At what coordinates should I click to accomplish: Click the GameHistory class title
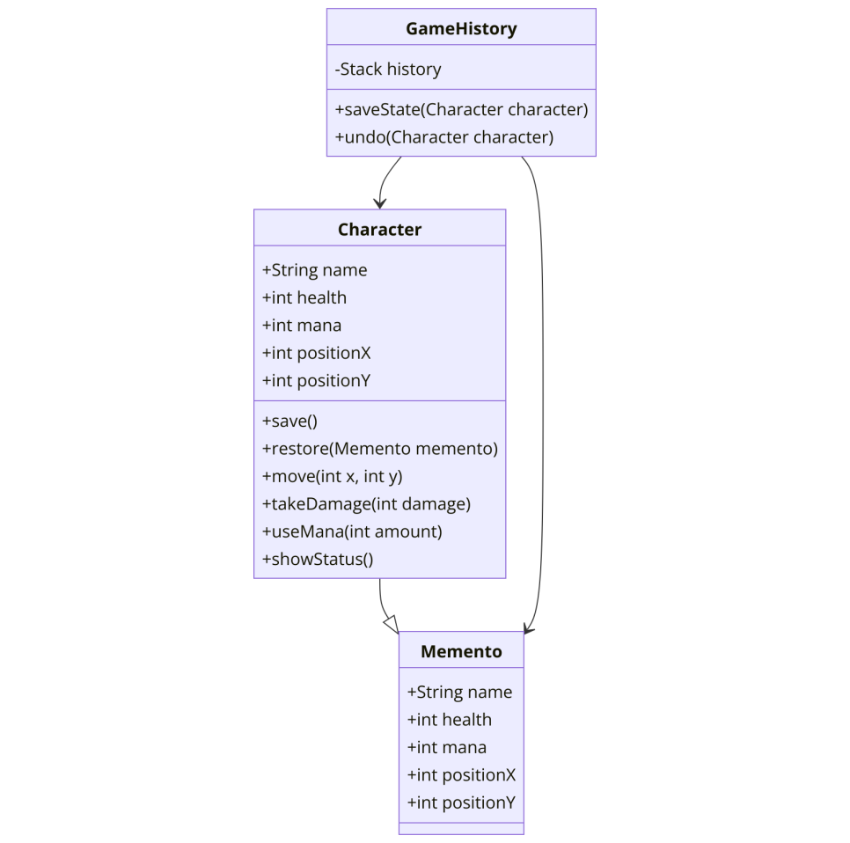coord(461,29)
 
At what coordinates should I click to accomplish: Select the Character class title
coord(379,230)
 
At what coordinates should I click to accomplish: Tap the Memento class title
coord(461,652)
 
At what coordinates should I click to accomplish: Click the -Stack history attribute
coord(388,70)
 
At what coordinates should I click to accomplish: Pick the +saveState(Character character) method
coord(461,109)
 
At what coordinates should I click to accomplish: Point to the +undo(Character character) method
coord(444,137)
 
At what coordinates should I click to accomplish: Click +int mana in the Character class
coord(302,326)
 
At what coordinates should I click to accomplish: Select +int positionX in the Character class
coord(317,353)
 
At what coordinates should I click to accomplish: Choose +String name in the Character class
coord(315,270)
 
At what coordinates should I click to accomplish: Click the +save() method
coord(290,421)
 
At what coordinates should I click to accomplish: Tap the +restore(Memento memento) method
coord(380,449)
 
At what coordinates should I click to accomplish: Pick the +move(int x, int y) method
coord(333,477)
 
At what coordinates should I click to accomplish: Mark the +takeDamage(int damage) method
coord(366,504)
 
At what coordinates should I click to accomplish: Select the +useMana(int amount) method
coord(352,531)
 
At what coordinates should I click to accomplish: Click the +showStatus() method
coord(318,560)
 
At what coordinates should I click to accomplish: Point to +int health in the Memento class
coord(450,720)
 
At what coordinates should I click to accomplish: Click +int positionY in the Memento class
coord(461,803)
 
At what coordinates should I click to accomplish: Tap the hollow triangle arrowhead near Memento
coord(392,624)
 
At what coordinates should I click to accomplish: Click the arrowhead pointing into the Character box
coord(379,203)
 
